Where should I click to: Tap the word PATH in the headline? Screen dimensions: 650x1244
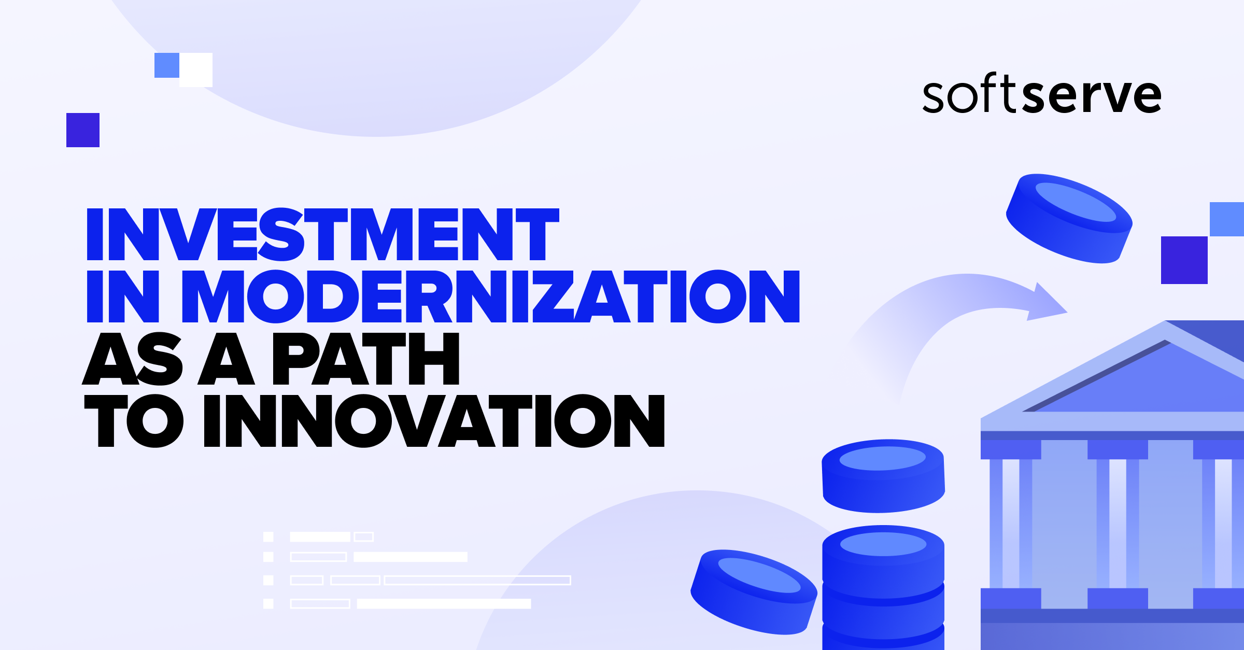pos(365,359)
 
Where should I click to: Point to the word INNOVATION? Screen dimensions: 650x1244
pos(434,421)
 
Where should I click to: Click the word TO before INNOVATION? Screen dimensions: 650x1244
pos(134,421)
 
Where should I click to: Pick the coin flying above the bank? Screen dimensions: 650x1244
pos(1069,218)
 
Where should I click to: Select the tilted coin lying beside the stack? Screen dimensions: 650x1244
pos(754,591)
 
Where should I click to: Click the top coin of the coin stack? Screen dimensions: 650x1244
pos(883,475)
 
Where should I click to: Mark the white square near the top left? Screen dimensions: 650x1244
pos(196,70)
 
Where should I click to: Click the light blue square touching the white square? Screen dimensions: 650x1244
pos(167,65)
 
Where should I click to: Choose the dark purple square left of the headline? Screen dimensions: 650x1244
pos(83,130)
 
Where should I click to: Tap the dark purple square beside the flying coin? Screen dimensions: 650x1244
pos(1184,260)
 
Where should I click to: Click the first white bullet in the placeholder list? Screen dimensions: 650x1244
pos(268,536)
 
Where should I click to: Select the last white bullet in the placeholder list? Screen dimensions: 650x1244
pos(268,603)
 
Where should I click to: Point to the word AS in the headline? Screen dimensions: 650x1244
pos(133,359)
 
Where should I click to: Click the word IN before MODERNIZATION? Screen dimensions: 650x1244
pos(123,296)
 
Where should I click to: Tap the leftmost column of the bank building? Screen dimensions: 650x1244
pos(1011,524)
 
